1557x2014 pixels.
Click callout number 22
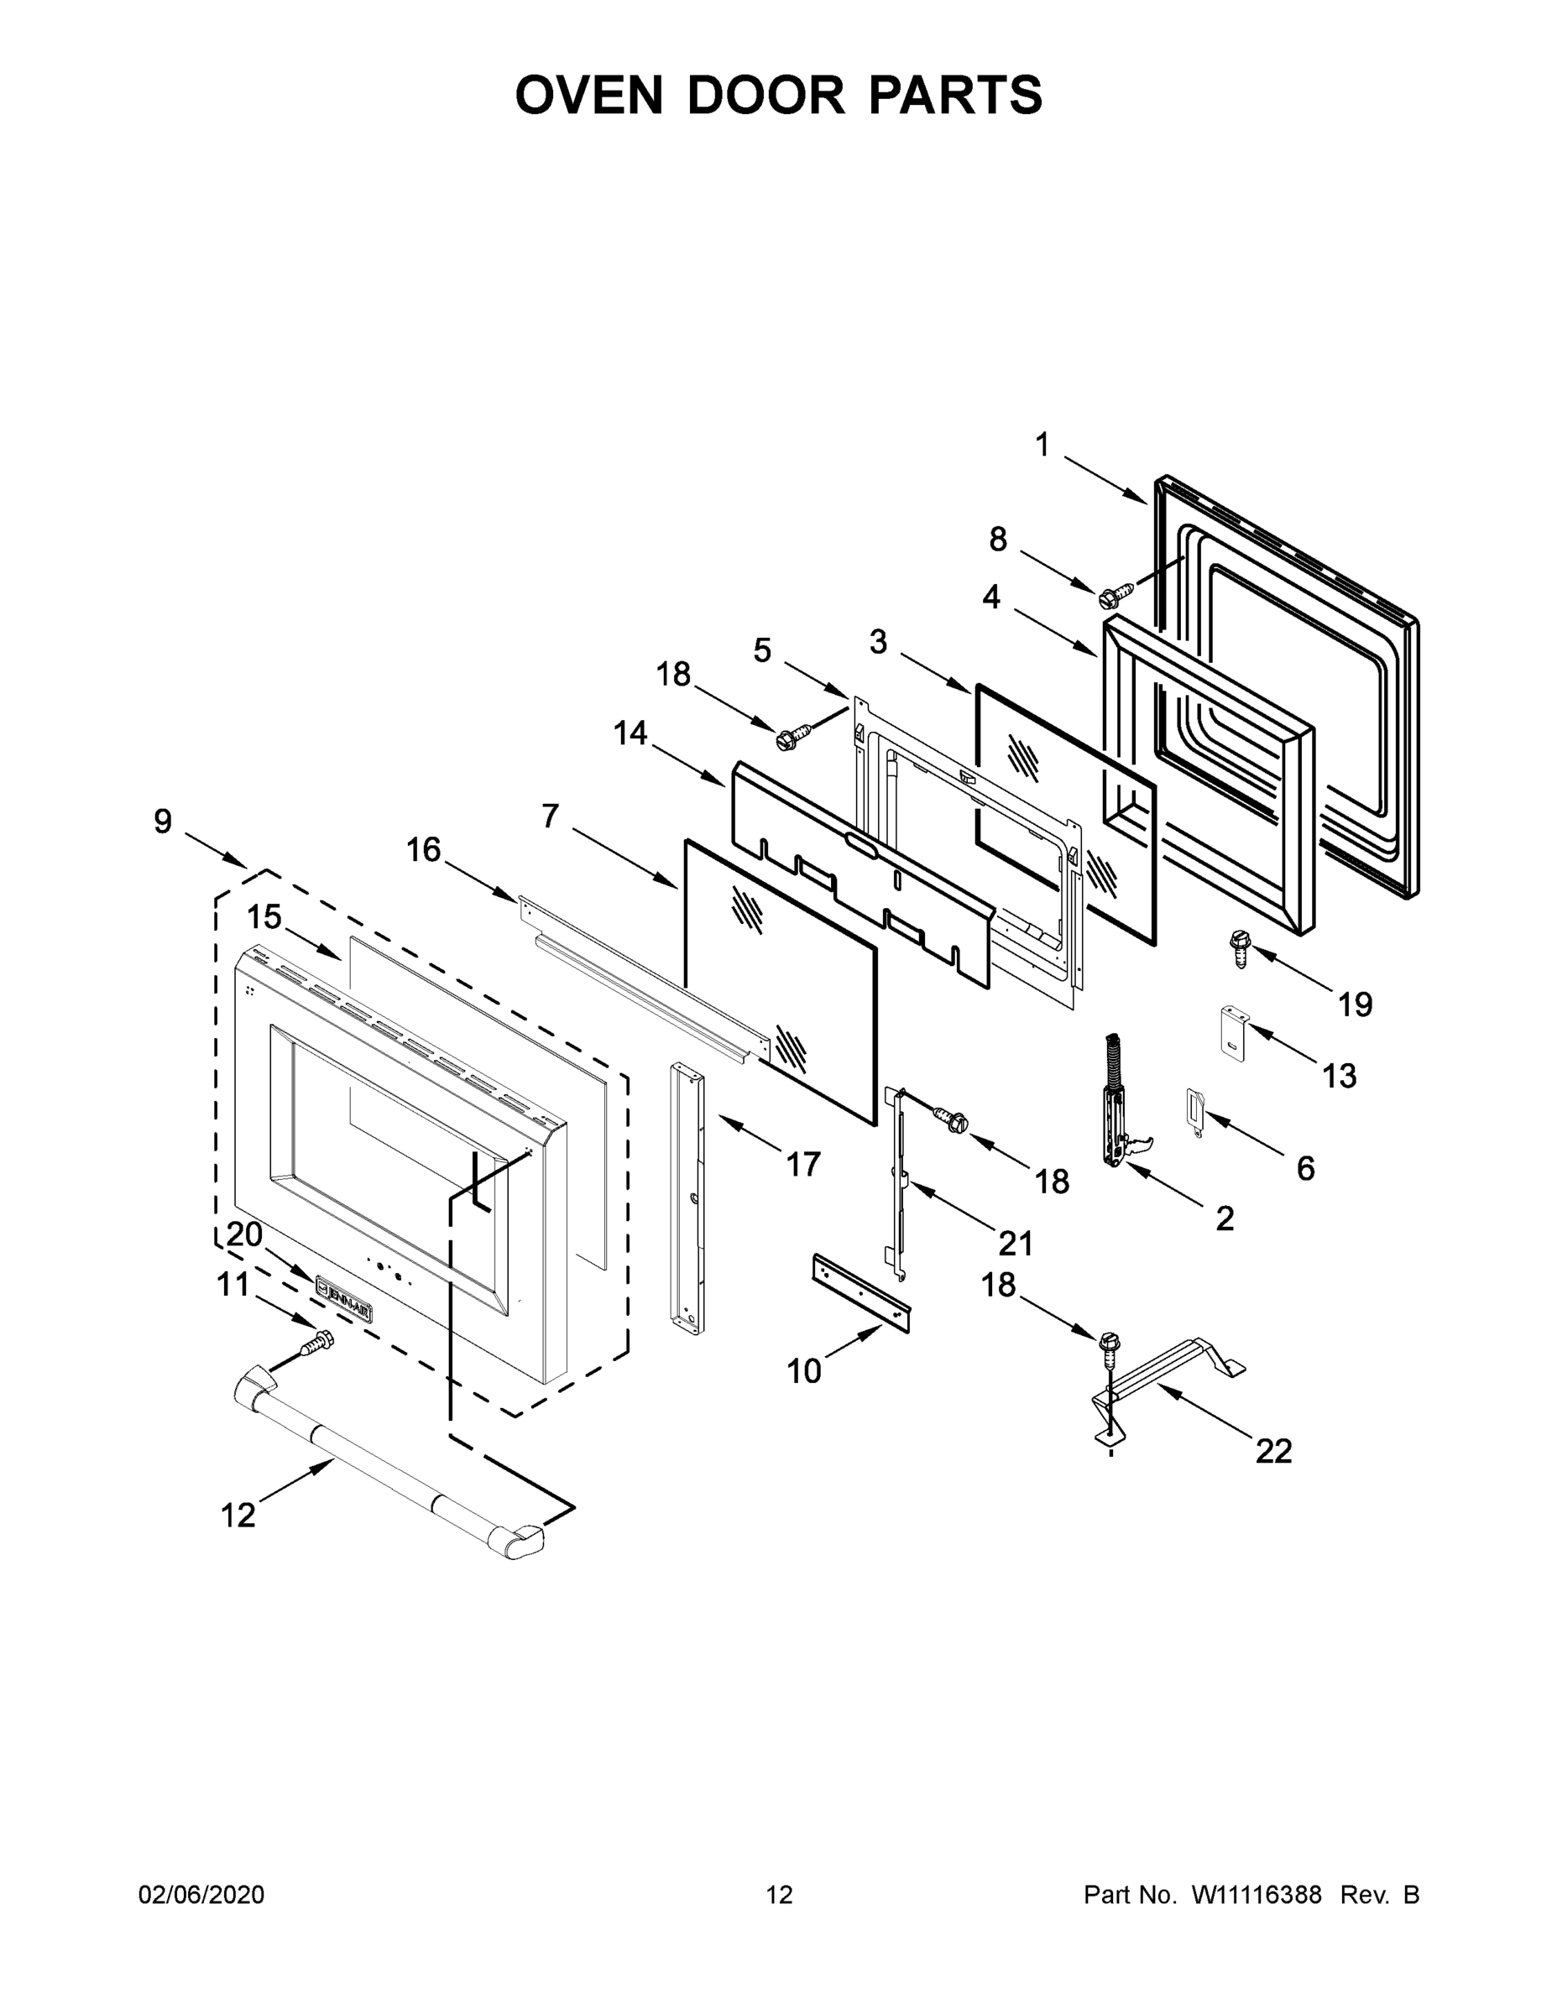(1273, 1451)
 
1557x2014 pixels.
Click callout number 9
(162, 821)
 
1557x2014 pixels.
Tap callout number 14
(630, 733)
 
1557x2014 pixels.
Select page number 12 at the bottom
(779, 1894)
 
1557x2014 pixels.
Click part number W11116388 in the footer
(1257, 1894)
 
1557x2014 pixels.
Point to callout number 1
(1042, 446)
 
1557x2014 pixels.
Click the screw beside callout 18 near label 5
(792, 736)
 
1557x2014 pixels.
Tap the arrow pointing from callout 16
(482, 879)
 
